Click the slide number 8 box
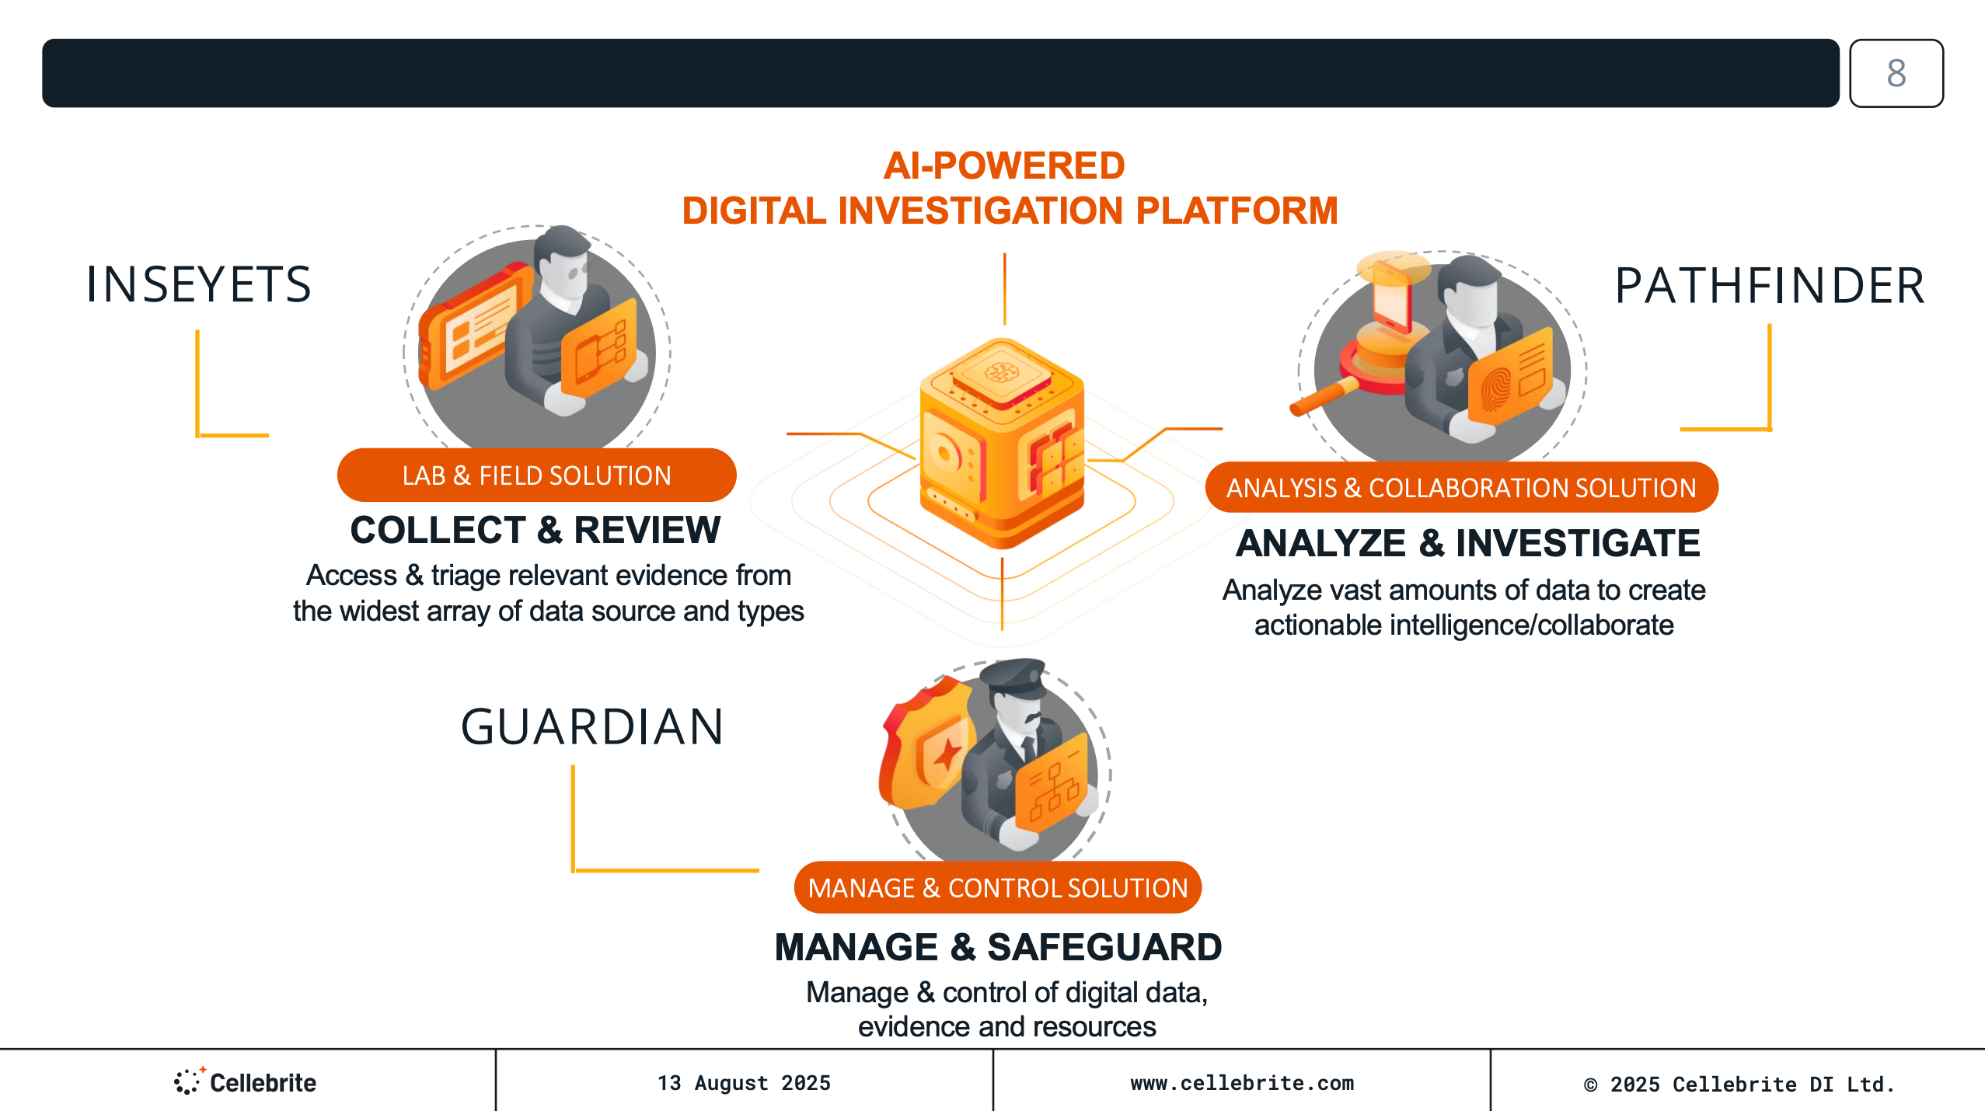pyautogui.click(x=1896, y=73)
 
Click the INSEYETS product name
pyautogui.click(x=198, y=284)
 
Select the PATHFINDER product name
pyautogui.click(x=1769, y=286)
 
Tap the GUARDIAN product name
pyautogui.click(x=592, y=727)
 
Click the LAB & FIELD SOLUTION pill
pyautogui.click(x=536, y=475)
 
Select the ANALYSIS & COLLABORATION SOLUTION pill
pyautogui.click(x=1461, y=488)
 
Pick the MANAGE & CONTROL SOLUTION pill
pyautogui.click(x=998, y=888)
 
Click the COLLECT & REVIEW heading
pyautogui.click(x=535, y=531)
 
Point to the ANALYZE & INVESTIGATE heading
pyautogui.click(x=1468, y=543)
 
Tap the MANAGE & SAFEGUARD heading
pyautogui.click(x=998, y=947)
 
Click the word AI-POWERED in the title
pyautogui.click(x=1004, y=165)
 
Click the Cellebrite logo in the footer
pyautogui.click(x=246, y=1082)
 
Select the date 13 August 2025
pyautogui.click(x=744, y=1083)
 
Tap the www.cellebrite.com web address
pyautogui.click(x=1242, y=1083)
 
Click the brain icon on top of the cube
pyautogui.click(x=1001, y=373)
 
